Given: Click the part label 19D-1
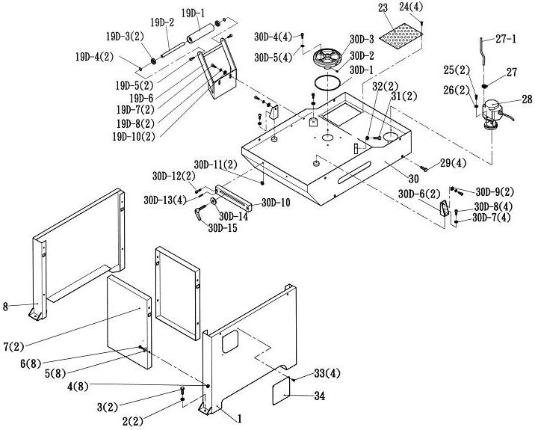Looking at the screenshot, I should [x=194, y=13].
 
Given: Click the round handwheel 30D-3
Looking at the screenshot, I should [x=328, y=57].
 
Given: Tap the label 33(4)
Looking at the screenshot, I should [x=327, y=373].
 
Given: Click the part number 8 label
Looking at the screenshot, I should [x=5, y=307].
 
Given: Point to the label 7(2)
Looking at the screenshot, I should [x=14, y=345].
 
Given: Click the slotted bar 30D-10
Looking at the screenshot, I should [x=237, y=197].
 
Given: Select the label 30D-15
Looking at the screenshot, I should [x=223, y=228].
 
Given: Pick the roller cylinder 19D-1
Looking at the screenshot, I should [x=200, y=34].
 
